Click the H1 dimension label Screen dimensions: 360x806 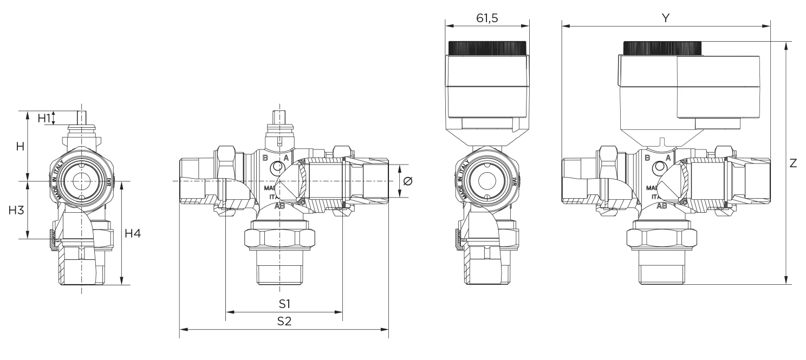pos(44,117)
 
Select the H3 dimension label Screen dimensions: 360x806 pos(16,211)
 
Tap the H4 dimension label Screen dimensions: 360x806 pos(133,233)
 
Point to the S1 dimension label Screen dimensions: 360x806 pos(284,303)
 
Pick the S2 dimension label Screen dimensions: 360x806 pos(284,320)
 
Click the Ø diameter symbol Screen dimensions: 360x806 pos(408,181)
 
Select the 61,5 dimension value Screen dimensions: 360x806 pos(486,18)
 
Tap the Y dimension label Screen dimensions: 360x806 pos(666,18)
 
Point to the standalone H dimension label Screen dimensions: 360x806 pos(20,146)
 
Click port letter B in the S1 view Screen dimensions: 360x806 pos(265,158)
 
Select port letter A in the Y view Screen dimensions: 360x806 pos(668,158)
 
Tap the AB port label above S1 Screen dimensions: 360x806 pos(280,206)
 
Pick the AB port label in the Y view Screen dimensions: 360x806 pos(662,206)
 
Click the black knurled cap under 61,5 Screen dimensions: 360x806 pos(486,48)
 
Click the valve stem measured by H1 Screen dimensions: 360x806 pos(81,118)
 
